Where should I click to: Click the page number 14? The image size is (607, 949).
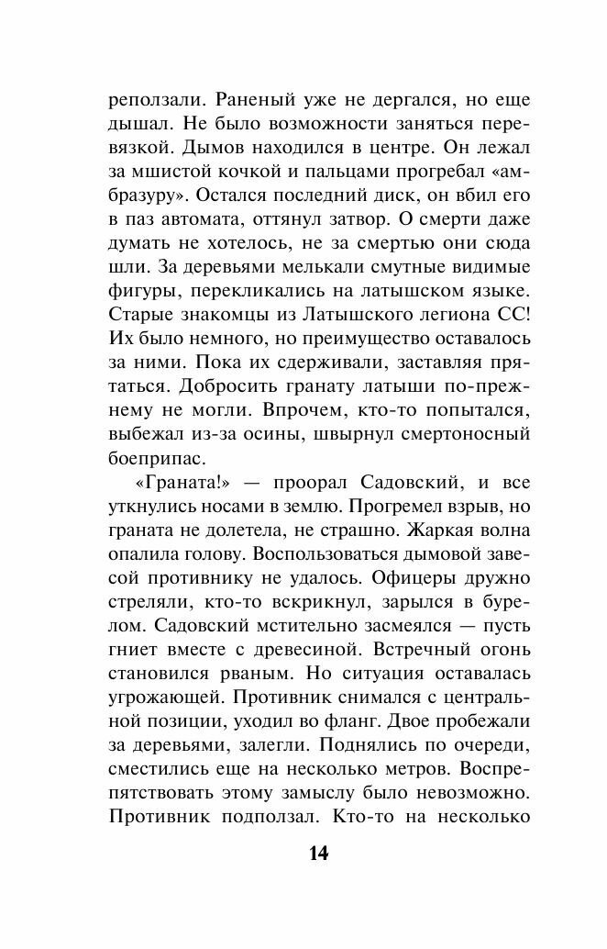coord(317,854)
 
